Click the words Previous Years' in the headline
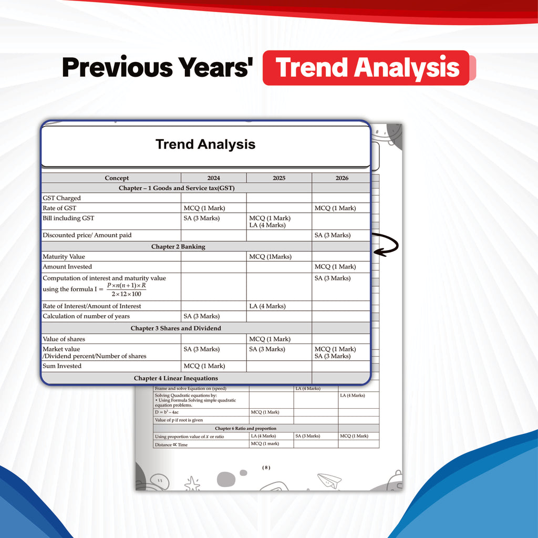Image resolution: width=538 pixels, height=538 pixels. [158, 67]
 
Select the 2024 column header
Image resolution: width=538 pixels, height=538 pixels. [213, 178]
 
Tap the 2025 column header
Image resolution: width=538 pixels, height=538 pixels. [279, 178]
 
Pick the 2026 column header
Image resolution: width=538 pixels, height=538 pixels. [342, 178]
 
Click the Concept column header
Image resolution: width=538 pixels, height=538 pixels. [117, 178]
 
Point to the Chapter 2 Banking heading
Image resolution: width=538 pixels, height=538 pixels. [178, 246]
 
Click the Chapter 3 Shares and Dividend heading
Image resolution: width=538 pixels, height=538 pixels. [175, 328]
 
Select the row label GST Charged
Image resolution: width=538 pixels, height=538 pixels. [62, 198]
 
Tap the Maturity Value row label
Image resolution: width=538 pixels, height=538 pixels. [64, 256]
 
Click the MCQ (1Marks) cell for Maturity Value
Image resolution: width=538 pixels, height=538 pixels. [271, 256]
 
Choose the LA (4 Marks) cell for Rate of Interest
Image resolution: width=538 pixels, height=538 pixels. [267, 306]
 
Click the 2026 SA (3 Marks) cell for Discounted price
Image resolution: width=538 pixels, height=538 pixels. [333, 235]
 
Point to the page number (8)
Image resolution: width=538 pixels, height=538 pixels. [266, 467]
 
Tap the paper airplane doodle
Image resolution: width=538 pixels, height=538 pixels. [329, 480]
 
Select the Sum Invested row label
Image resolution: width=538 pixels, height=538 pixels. [62, 366]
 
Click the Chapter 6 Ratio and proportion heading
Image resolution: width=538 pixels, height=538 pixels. [246, 428]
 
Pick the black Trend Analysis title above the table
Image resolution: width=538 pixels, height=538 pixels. [205, 144]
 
